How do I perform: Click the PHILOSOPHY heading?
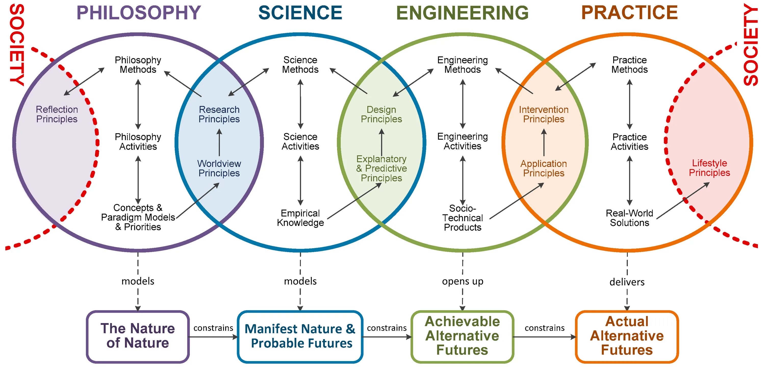click(139, 13)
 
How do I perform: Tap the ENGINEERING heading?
click(462, 13)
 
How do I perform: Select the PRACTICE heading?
click(629, 13)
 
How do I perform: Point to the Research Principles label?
click(219, 114)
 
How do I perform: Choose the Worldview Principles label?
click(219, 168)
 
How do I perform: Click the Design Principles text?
click(381, 114)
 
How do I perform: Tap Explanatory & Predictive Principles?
click(381, 168)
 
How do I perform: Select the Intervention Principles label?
click(543, 114)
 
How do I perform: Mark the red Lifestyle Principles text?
click(709, 168)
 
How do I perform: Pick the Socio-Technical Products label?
click(462, 218)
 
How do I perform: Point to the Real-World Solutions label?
click(629, 218)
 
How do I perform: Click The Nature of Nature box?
click(138, 336)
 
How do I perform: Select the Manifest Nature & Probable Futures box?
click(300, 336)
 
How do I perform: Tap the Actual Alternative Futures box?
click(627, 336)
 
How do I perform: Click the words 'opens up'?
click(462, 281)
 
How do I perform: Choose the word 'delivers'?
click(627, 282)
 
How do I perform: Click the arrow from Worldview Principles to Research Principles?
click(219, 142)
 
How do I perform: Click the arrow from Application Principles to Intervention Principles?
click(544, 142)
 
